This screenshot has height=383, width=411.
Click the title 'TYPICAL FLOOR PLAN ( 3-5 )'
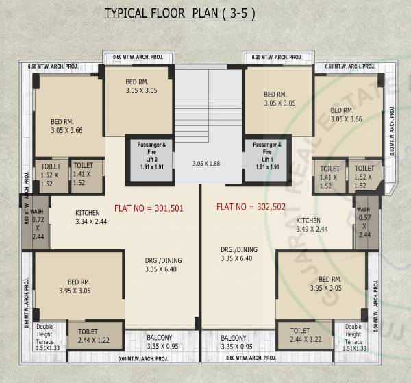(179, 14)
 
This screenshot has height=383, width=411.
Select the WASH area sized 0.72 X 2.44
(38, 223)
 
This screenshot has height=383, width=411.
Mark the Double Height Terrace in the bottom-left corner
(49, 336)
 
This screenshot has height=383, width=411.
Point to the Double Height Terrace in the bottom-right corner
(353, 336)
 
